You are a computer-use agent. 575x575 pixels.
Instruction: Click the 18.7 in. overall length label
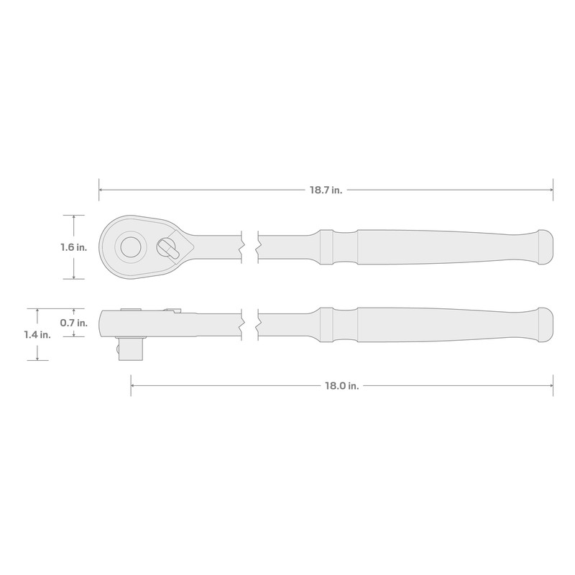[326, 190]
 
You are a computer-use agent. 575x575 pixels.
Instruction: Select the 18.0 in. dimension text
[342, 386]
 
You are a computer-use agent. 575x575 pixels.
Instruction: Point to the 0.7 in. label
[75, 323]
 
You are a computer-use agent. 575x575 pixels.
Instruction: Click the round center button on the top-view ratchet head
[130, 247]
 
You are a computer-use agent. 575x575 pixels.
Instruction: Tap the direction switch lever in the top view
[167, 247]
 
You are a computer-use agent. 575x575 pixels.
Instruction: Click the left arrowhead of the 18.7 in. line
[101, 190]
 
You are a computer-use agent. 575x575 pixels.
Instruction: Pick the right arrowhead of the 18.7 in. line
[550, 190]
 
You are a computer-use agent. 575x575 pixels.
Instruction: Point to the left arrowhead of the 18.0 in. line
[134, 386]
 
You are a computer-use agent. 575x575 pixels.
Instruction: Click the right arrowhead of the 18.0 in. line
[550, 386]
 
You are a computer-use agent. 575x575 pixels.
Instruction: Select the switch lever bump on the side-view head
[170, 310]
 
